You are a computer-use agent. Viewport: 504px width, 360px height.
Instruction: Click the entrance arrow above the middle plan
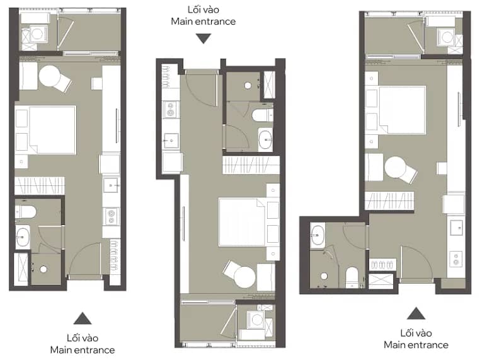pos(203,38)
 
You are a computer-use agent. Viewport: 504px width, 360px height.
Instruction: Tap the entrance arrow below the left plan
pos(83,318)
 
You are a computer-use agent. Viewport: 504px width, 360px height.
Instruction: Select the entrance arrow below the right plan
pos(416,313)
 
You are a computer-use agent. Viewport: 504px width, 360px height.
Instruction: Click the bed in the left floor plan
pos(53,130)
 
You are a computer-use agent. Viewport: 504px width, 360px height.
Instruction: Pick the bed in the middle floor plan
pos(242,222)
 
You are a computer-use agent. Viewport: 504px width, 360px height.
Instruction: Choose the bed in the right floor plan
pos(403,110)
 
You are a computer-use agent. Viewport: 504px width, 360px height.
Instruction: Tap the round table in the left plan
pos(49,76)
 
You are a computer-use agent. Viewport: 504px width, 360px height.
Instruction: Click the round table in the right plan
pos(396,167)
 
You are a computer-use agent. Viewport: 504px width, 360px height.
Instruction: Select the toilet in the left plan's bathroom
pos(26,212)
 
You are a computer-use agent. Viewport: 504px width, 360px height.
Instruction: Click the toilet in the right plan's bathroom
pos(352,277)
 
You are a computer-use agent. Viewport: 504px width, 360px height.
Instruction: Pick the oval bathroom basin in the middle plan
pos(265,139)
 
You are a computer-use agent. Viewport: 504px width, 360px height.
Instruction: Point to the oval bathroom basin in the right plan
pos(318,235)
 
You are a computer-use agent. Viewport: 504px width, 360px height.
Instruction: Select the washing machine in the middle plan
pos(256,320)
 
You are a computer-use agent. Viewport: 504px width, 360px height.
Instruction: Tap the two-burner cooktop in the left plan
pos(112,216)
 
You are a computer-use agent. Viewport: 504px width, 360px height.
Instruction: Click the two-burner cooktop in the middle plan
pos(171,109)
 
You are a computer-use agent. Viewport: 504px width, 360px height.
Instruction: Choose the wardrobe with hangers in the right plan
pos(389,200)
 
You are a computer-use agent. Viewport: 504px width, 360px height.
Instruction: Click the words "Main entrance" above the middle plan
pos(203,21)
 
